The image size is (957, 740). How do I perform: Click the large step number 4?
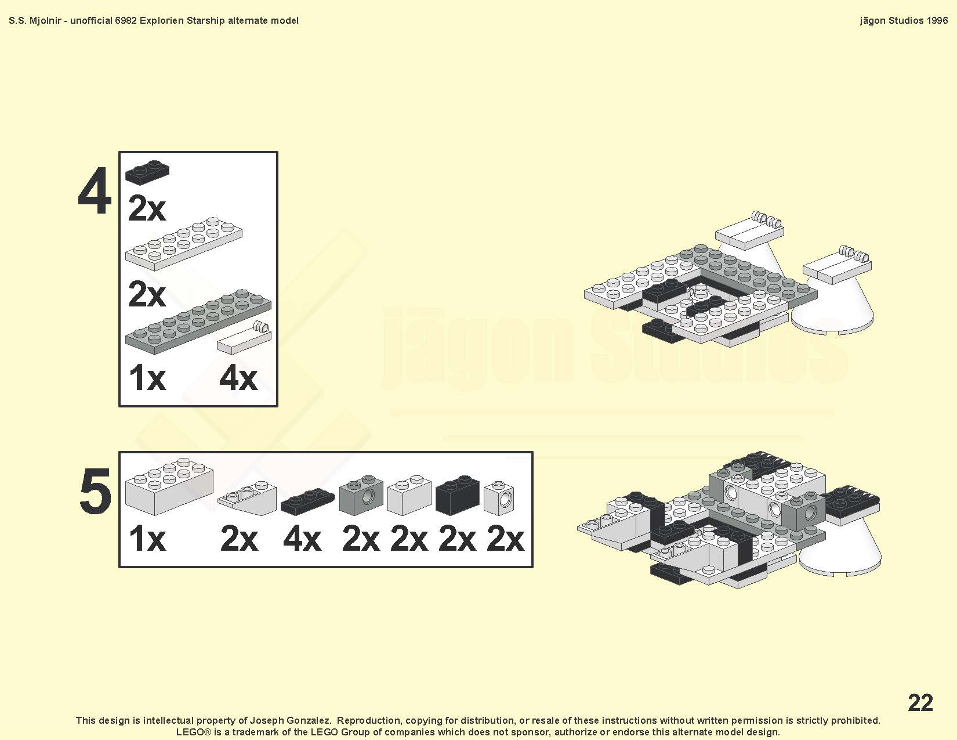[x=94, y=192]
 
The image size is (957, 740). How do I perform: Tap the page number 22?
[x=920, y=702]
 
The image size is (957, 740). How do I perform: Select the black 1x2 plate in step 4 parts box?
[x=147, y=172]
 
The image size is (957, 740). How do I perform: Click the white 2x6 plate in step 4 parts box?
[x=184, y=243]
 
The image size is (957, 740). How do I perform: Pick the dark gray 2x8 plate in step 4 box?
[x=198, y=322]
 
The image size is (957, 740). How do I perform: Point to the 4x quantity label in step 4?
[x=238, y=378]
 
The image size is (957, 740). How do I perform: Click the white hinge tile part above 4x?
[x=244, y=338]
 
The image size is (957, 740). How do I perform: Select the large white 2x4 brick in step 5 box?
[x=169, y=486]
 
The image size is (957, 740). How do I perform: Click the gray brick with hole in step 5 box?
[x=361, y=496]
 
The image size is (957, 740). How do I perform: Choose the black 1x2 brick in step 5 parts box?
[x=458, y=495]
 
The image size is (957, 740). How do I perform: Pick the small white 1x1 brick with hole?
[x=499, y=498]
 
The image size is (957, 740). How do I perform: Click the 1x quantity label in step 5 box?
[x=147, y=539]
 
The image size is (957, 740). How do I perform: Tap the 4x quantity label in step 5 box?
[x=302, y=539]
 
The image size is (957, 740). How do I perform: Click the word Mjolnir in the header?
[x=45, y=21]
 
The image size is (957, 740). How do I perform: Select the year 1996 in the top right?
[x=937, y=20]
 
